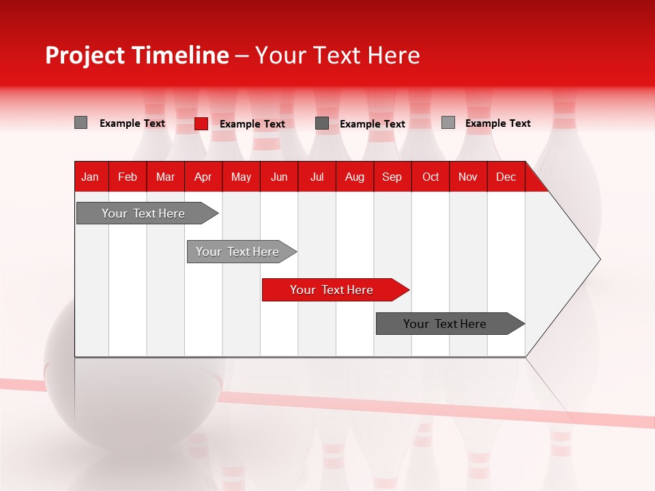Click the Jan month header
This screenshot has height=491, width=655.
pyautogui.click(x=90, y=177)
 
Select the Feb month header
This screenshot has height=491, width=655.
pyautogui.click(x=128, y=177)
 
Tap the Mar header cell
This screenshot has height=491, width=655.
pyautogui.click(x=165, y=177)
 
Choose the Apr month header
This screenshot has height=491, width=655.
pyautogui.click(x=203, y=177)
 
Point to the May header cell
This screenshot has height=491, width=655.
pyautogui.click(x=241, y=177)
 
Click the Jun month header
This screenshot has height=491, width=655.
pyautogui.click(x=279, y=177)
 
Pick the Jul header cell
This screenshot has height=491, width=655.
pyautogui.click(x=317, y=177)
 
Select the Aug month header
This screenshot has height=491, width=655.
pyautogui.click(x=355, y=177)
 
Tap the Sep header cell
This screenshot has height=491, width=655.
pyautogui.click(x=392, y=177)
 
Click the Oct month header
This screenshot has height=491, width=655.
pyautogui.click(x=431, y=177)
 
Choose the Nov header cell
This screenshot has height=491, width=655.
pyautogui.click(x=468, y=177)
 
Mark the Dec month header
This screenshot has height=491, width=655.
pyautogui.click(x=506, y=177)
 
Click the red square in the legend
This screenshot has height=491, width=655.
pyautogui.click(x=201, y=123)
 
